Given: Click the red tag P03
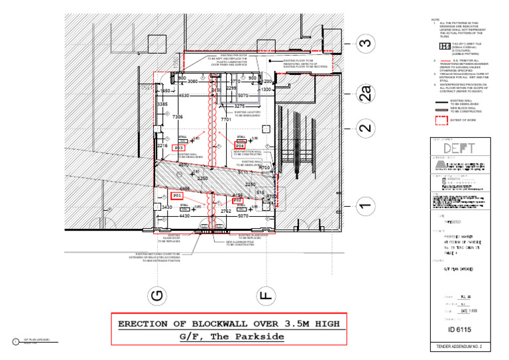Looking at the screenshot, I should click(178, 147).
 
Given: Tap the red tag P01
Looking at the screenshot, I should click(177, 196).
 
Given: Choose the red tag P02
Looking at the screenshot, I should click(238, 200).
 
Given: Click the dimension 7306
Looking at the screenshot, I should click(178, 117).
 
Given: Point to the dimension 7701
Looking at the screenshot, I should click(226, 120).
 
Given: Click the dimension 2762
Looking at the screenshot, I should click(225, 211).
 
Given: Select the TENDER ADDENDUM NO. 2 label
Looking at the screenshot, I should click(459, 347).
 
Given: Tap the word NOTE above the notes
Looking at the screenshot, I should click(435, 19).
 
